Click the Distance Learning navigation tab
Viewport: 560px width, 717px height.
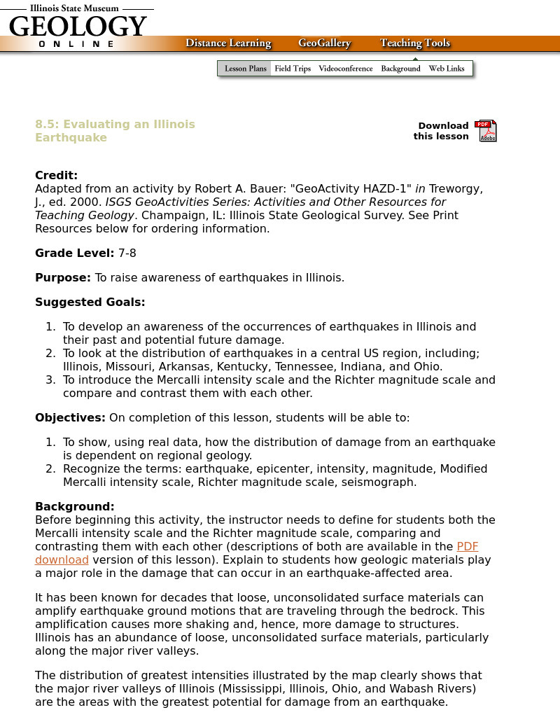[228, 43]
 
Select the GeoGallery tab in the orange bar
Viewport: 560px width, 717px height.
[324, 43]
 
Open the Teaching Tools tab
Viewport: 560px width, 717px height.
[415, 43]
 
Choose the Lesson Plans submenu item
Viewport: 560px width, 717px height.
[246, 69]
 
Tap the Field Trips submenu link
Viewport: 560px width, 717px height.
[293, 69]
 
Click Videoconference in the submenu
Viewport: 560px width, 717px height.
[346, 69]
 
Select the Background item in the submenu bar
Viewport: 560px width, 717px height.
[400, 69]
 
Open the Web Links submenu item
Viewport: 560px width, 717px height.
[447, 69]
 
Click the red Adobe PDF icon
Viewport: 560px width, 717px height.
[486, 131]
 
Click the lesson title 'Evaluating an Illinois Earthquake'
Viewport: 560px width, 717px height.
[115, 131]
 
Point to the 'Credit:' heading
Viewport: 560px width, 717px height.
[57, 176]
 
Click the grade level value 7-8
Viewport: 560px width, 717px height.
[127, 253]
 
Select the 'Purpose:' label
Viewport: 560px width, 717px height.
[63, 277]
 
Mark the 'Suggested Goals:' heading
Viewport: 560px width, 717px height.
[90, 302]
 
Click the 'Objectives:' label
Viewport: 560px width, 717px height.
[70, 418]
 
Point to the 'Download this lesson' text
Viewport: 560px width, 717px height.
[441, 131]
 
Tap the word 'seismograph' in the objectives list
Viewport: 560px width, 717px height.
[381, 482]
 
